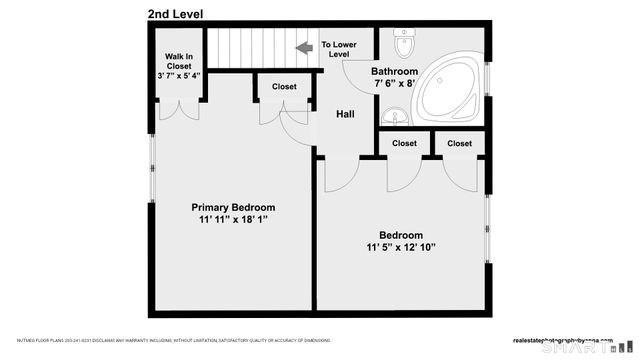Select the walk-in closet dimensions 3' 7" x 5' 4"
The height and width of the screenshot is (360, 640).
point(179,75)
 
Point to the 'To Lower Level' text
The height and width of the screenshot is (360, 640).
point(339,50)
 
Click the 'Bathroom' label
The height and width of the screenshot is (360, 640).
point(395,72)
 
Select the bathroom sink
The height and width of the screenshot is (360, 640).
point(397,119)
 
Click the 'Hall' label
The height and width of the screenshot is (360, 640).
point(345,114)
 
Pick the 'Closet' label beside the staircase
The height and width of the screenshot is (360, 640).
point(284,87)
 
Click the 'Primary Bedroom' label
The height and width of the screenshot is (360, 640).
point(233,207)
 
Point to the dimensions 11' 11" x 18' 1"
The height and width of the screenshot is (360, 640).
point(233,220)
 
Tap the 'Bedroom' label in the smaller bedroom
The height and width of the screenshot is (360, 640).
point(400,235)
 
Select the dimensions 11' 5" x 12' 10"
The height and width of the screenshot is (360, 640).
point(400,248)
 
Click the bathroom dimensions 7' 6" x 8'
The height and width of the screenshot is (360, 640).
point(393,85)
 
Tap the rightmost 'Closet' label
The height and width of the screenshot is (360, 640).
point(460,144)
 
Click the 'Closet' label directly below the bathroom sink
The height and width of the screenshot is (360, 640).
point(404,144)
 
